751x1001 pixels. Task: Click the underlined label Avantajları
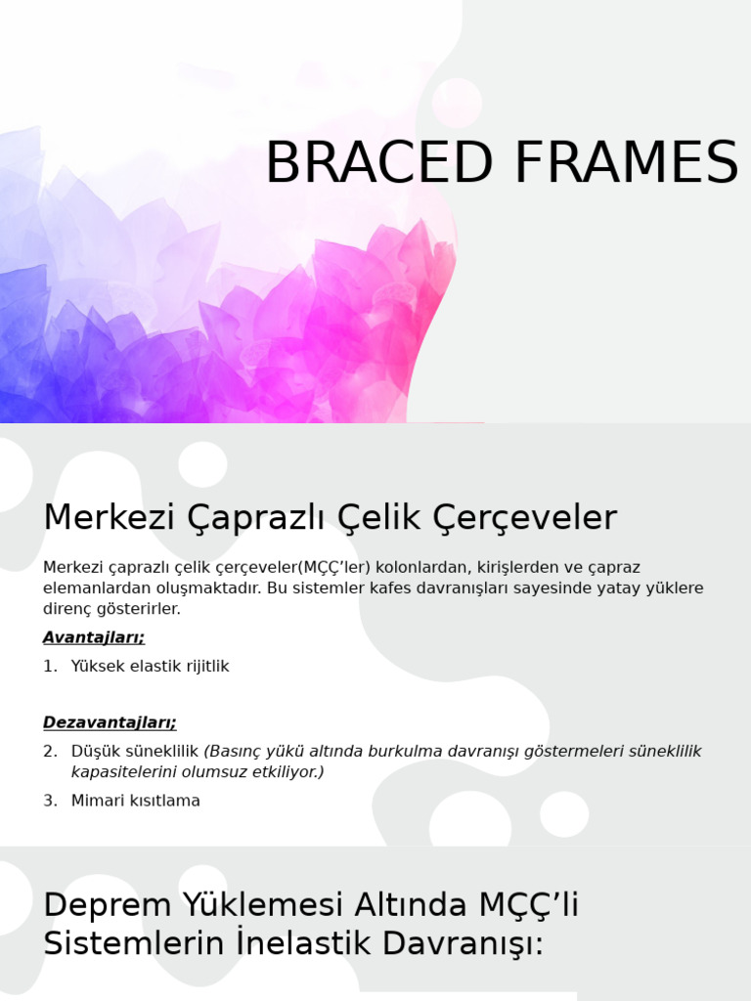pyautogui.click(x=94, y=637)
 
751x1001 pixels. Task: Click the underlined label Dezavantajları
pyautogui.click(x=110, y=722)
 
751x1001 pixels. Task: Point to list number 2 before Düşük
pyautogui.click(x=50, y=751)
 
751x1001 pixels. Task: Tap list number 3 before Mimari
pyautogui.click(x=50, y=801)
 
